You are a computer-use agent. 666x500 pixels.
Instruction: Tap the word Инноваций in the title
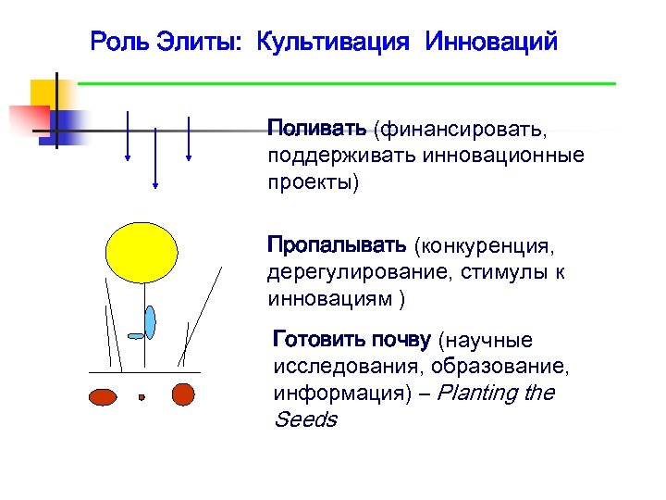pos(491,42)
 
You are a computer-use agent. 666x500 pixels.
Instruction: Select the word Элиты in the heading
pos(205,42)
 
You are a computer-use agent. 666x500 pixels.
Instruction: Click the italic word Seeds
pos(305,419)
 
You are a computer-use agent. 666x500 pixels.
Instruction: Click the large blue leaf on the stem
pos(151,321)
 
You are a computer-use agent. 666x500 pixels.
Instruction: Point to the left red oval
pos(102,395)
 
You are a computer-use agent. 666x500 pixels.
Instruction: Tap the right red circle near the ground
pos(184,394)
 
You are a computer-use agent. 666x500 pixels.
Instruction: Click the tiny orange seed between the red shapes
pos(142,397)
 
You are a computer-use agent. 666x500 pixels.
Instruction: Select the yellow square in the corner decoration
pos(43,93)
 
